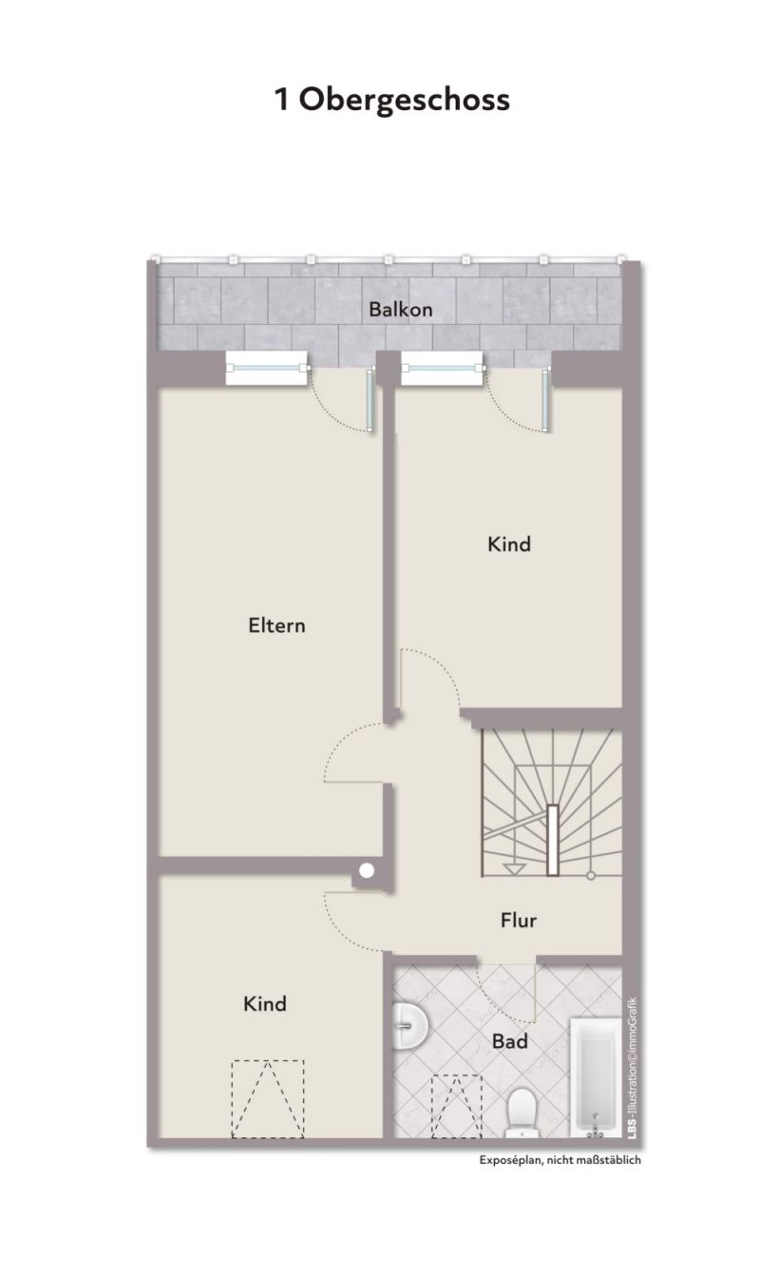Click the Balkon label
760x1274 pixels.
(x=401, y=310)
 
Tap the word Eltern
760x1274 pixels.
(x=276, y=626)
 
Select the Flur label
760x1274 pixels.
(x=519, y=921)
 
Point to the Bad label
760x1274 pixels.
(x=510, y=1041)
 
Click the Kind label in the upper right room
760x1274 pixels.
(x=509, y=544)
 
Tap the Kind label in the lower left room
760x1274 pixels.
(x=264, y=1004)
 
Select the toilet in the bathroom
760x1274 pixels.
(x=521, y=1113)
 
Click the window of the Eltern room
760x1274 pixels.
(x=267, y=368)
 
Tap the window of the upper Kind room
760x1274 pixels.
(x=443, y=368)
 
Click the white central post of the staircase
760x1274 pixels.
(x=552, y=840)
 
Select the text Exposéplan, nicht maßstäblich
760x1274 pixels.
(x=560, y=1160)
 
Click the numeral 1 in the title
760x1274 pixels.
(x=281, y=100)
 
